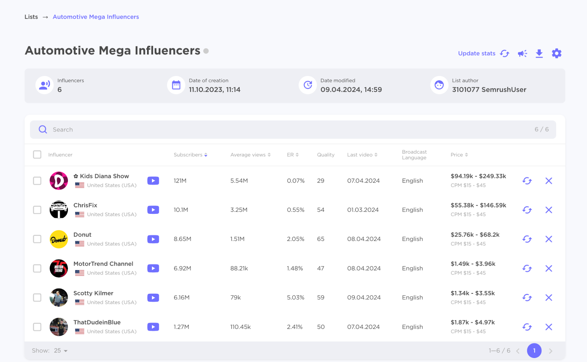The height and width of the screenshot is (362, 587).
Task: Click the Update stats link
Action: [477, 54]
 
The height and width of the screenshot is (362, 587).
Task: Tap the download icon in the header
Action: [539, 54]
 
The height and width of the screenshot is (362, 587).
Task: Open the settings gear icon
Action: [557, 54]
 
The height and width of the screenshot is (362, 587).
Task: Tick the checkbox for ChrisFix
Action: [37, 210]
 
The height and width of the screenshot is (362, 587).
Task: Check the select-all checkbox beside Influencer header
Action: [37, 154]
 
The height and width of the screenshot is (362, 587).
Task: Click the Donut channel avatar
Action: [59, 239]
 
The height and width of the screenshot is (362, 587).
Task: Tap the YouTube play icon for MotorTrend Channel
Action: [153, 268]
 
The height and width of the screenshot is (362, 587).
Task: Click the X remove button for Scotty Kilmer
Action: [548, 297]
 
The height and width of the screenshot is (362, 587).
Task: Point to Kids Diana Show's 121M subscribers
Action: [180, 181]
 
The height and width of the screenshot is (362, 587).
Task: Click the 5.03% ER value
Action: [295, 297]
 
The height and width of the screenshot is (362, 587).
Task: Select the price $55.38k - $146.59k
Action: [478, 205]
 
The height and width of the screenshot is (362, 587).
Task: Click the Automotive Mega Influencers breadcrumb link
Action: [96, 17]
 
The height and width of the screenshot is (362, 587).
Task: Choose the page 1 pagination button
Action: [534, 351]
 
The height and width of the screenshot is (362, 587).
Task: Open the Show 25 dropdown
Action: [61, 351]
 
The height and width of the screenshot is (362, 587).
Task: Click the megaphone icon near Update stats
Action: [522, 54]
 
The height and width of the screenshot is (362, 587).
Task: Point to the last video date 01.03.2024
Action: [363, 210]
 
